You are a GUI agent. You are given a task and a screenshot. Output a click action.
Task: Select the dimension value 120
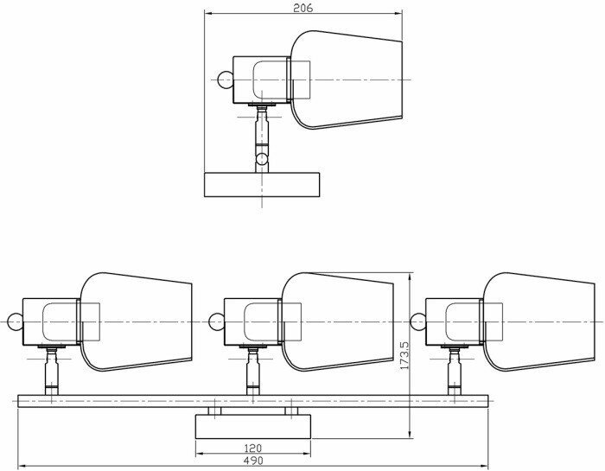point(252,449)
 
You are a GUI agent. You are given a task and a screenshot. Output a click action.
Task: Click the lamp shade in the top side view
point(346,80)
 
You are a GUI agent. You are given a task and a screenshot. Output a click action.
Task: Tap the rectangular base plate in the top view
point(261,184)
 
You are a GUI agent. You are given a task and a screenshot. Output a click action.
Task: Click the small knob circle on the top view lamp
point(224,80)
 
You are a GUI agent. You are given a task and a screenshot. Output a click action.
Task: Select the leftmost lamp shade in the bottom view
point(136,322)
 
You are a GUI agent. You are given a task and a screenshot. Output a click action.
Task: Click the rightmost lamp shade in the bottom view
point(538,322)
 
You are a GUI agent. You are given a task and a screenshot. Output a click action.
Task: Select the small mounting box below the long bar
point(252,425)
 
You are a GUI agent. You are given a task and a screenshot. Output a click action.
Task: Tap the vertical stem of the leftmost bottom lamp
point(51,374)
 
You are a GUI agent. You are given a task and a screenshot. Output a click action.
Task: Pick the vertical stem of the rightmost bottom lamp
point(454,374)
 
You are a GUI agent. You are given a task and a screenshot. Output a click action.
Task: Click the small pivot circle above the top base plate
point(262,158)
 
